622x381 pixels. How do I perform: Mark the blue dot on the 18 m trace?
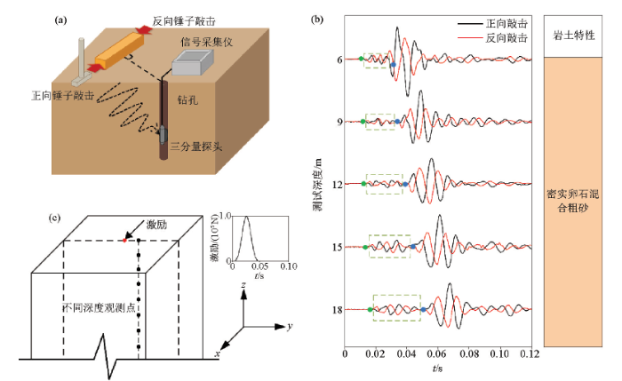point(425,308)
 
